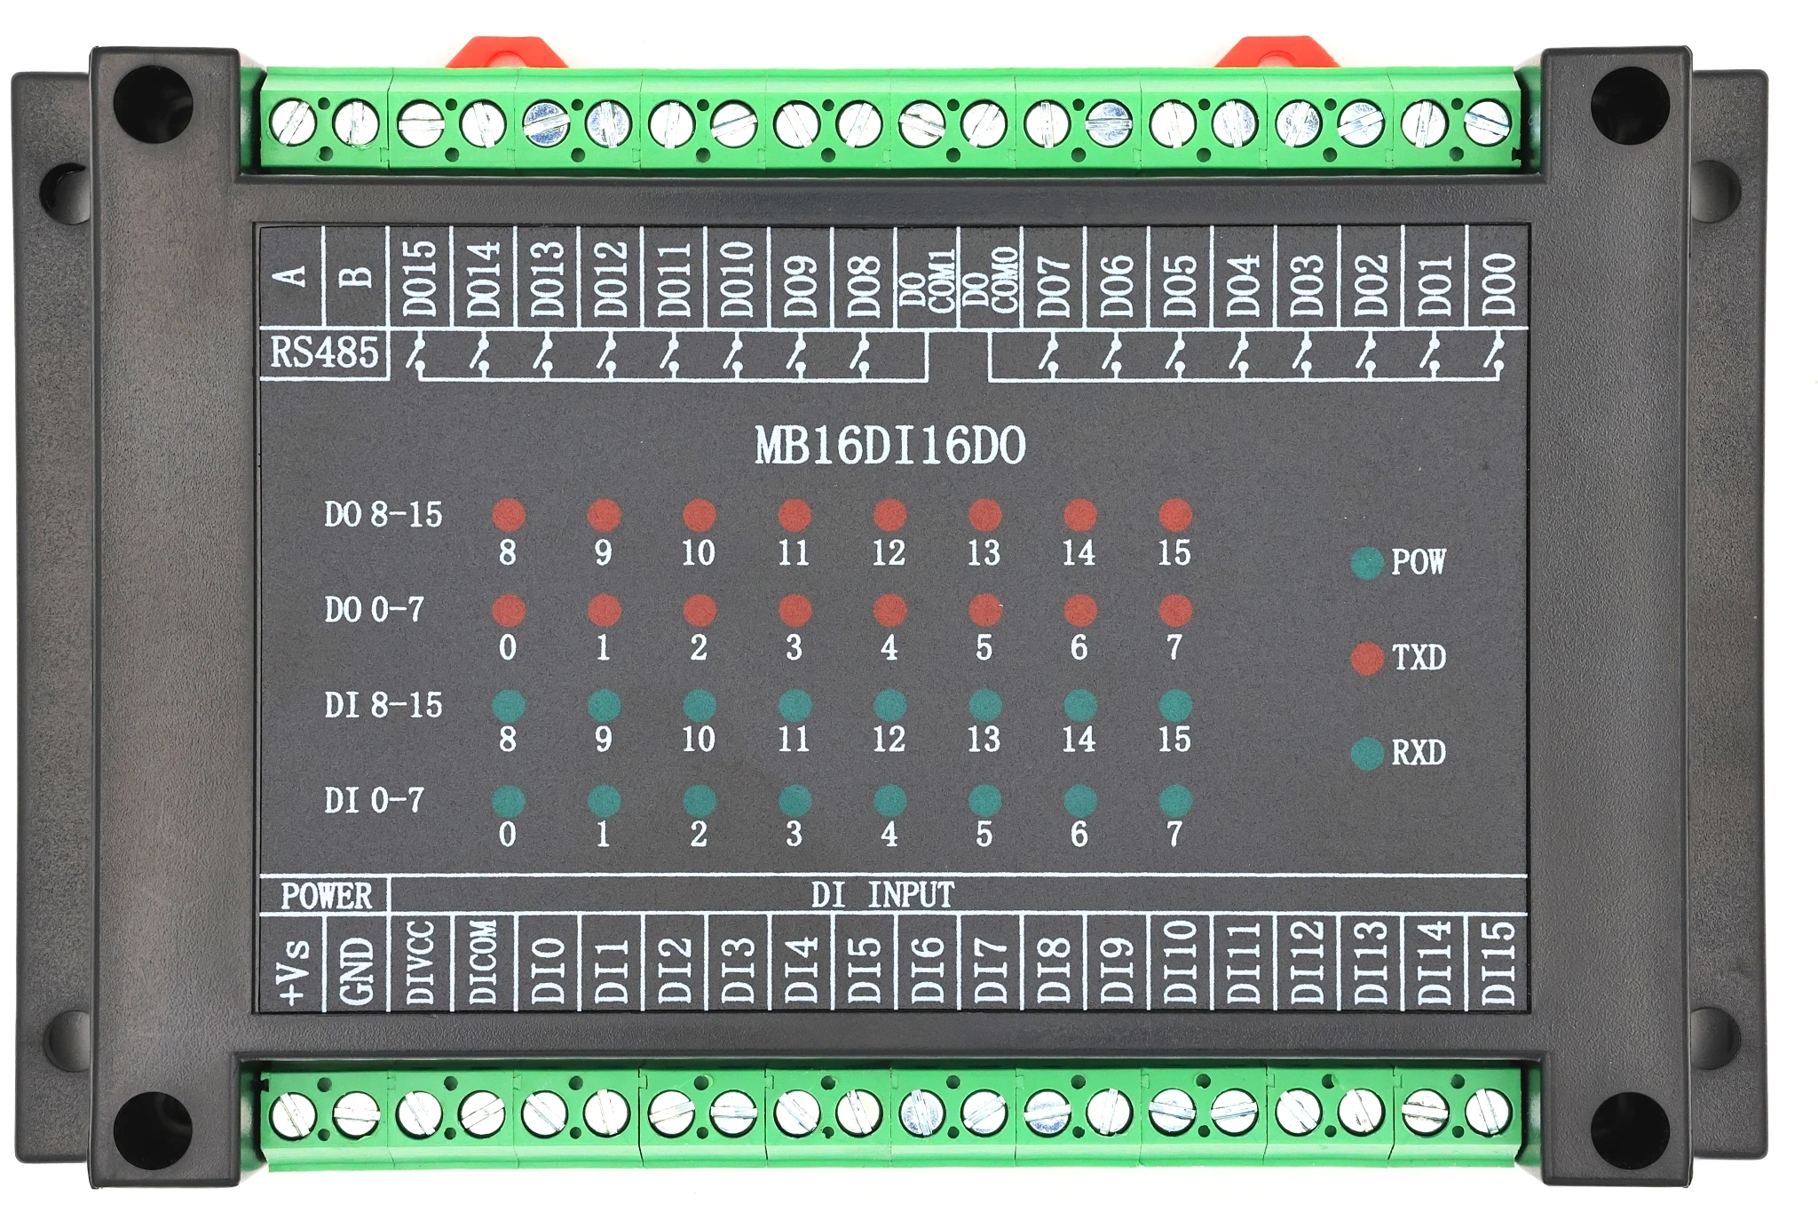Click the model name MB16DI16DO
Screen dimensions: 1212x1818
pos(889,446)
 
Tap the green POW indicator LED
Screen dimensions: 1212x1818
pos(1367,563)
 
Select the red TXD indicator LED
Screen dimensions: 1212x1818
pos(1367,658)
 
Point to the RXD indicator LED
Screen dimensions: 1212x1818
pos(1367,753)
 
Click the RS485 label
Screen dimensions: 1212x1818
pos(324,353)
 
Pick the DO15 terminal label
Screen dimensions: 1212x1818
pos(420,278)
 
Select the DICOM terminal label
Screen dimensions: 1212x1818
pos(483,962)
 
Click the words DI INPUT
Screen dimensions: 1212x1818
pos(882,895)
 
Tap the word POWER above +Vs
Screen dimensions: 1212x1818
pos(326,896)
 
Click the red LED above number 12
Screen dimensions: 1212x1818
pos(889,515)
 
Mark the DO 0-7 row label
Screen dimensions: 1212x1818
pos(374,610)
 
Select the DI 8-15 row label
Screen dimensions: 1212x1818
pos(383,706)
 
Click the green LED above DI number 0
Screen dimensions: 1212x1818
pos(509,801)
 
